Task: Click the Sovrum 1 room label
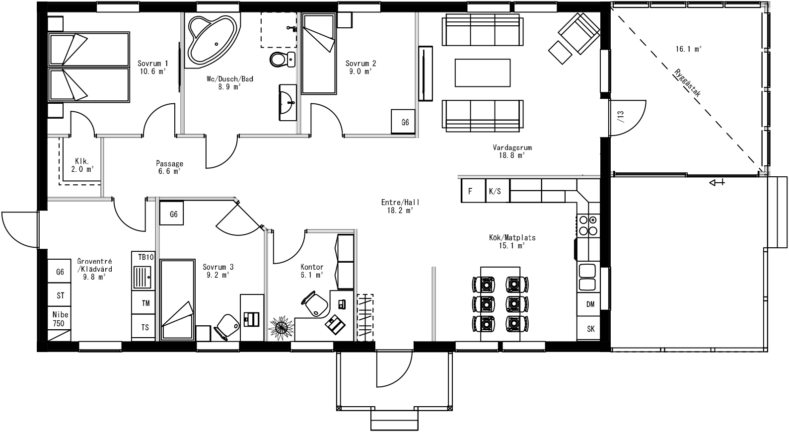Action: (x=152, y=67)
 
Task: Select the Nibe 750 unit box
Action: (x=60, y=319)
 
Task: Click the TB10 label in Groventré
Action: (x=146, y=257)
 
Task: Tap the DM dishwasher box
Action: (x=590, y=304)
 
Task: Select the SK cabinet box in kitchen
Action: (x=590, y=329)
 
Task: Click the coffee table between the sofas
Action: (x=483, y=72)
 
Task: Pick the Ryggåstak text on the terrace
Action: (x=688, y=82)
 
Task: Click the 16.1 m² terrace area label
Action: (x=688, y=49)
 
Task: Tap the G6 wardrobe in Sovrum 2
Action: (x=405, y=122)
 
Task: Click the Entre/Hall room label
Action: (x=400, y=206)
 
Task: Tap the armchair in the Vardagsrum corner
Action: (x=578, y=33)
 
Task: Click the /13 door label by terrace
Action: (x=620, y=116)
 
